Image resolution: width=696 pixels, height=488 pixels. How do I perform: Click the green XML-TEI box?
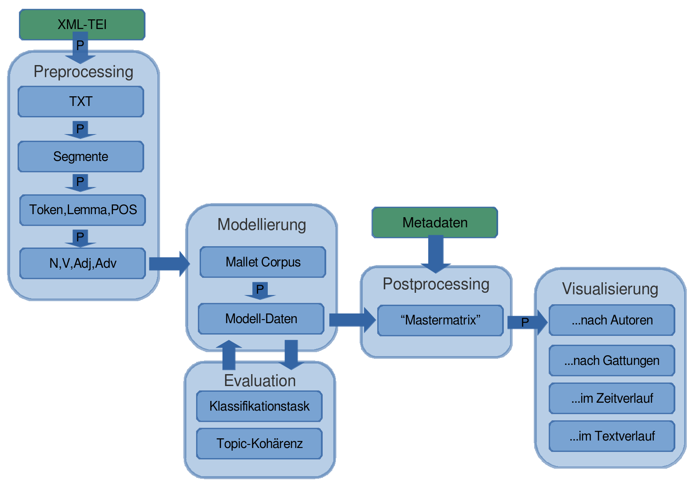pyautogui.click(x=82, y=25)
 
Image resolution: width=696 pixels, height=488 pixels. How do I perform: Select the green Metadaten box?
pyautogui.click(x=434, y=222)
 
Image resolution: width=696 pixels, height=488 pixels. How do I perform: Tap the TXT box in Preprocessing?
pyautogui.click(x=81, y=102)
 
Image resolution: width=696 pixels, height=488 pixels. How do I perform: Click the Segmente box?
pyautogui.click(x=81, y=157)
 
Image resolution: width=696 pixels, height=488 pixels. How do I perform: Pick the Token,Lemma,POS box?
pyautogui.click(x=83, y=210)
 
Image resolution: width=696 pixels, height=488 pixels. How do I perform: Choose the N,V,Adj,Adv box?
pyautogui.click(x=83, y=263)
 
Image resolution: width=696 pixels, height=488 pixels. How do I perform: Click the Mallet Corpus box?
pyautogui.click(x=262, y=262)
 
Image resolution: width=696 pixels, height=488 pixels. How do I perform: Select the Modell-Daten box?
pyautogui.click(x=261, y=319)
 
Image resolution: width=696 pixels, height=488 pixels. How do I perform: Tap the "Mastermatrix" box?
pyautogui.click(x=440, y=320)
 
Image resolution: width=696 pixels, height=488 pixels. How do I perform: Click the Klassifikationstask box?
pyautogui.click(x=259, y=406)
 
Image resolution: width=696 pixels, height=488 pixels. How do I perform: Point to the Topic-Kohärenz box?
pyautogui.click(x=259, y=444)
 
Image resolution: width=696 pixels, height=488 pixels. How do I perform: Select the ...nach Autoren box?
pyautogui.click(x=612, y=320)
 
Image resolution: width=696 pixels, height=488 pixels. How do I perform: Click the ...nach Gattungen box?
pyautogui.click(x=612, y=361)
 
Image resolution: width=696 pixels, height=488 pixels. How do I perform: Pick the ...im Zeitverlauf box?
pyautogui.click(x=612, y=398)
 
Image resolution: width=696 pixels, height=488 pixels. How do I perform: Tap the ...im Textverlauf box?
pyautogui.click(x=612, y=436)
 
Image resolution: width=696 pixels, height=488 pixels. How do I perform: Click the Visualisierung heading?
pyautogui.click(x=610, y=289)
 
